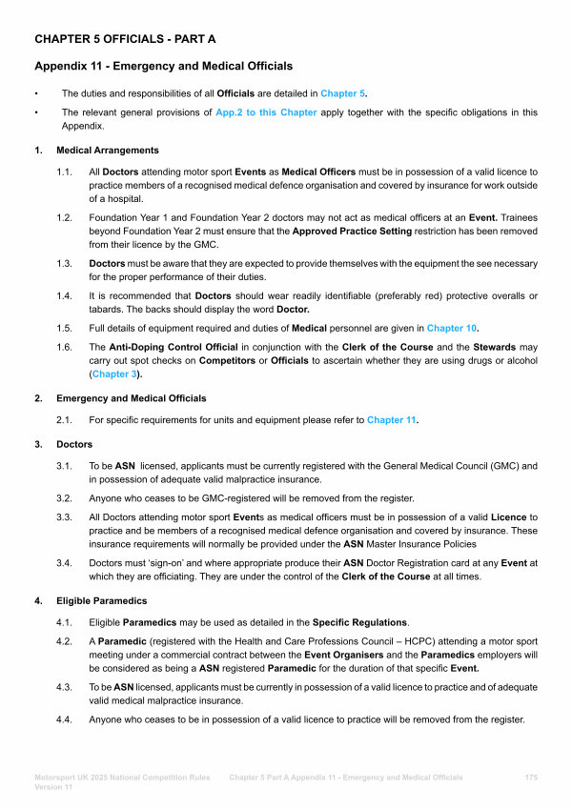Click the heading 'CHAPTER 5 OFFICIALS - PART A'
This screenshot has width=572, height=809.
click(x=125, y=39)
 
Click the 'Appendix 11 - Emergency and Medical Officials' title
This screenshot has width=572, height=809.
click(x=163, y=66)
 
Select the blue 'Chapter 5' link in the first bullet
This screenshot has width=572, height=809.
click(x=343, y=93)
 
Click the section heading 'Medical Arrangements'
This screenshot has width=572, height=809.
click(x=108, y=151)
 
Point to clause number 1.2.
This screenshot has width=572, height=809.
click(x=66, y=217)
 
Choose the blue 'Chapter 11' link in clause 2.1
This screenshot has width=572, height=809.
click(x=392, y=419)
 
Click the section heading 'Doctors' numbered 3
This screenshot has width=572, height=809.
click(x=74, y=444)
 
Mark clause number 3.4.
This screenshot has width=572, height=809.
click(x=66, y=563)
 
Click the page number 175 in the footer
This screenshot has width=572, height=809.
click(x=531, y=778)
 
